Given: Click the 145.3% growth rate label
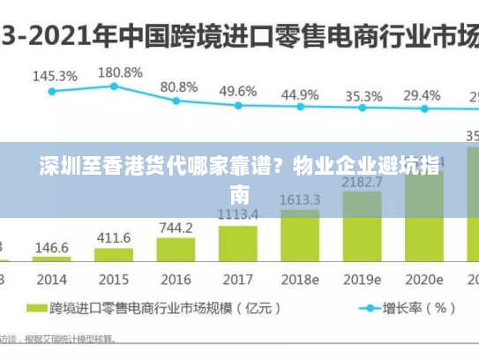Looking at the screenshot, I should [55, 77].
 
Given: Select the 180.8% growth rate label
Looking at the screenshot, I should [120, 71].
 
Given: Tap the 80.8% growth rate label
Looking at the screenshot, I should [179, 86].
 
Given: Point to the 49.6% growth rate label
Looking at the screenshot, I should [238, 91].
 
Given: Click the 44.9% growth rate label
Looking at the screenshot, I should [300, 94].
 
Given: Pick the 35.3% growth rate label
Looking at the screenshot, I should [363, 96].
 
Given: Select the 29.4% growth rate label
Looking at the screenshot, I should [422, 95].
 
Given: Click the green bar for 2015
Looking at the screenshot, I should [114, 256].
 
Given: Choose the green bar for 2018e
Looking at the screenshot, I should [300, 236].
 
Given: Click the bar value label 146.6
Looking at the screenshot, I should [52, 247].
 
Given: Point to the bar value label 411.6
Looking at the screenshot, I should [114, 238].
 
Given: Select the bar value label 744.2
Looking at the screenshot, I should [176, 228].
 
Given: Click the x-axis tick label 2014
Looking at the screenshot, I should [52, 280].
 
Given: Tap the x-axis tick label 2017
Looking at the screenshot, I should [237, 280].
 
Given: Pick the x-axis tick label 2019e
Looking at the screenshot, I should [363, 280].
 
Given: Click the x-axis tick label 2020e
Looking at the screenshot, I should [424, 280].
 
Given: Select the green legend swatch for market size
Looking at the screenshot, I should [36, 310].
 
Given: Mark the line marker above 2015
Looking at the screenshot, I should [114, 86].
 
